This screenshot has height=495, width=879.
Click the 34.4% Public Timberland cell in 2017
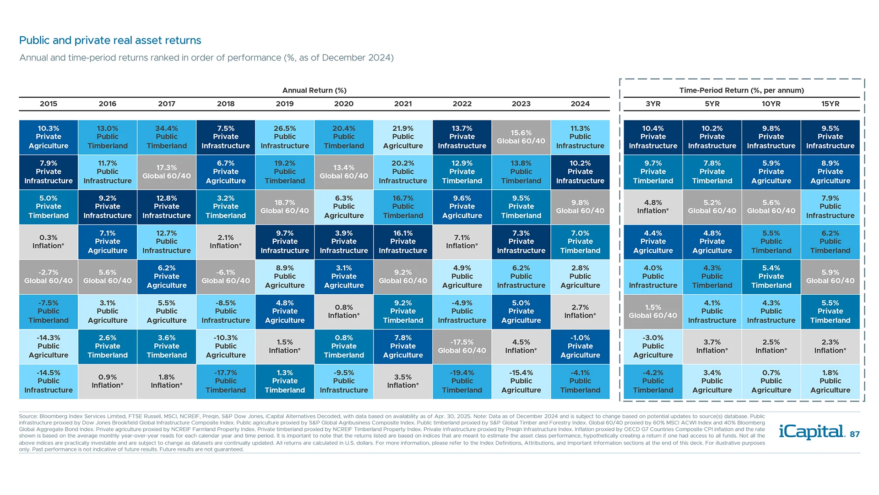click(x=167, y=137)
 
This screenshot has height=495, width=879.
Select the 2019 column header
click(x=285, y=104)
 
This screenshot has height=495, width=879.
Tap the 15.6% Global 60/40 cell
click(x=521, y=137)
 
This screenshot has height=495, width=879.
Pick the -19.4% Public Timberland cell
click(x=462, y=381)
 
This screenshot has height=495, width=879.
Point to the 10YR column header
click(x=771, y=104)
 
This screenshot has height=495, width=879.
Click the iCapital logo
click(x=811, y=432)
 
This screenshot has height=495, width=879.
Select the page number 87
click(x=854, y=434)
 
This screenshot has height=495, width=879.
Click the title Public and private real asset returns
click(x=110, y=40)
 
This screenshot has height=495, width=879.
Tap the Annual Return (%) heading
click(x=314, y=90)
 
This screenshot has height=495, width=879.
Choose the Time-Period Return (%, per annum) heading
click(x=741, y=90)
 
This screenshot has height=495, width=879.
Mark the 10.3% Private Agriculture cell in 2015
click(x=49, y=137)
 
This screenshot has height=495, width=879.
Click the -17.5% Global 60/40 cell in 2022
click(x=462, y=346)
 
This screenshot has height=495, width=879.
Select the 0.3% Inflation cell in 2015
click(x=49, y=242)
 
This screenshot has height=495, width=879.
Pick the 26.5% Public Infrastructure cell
click(x=285, y=137)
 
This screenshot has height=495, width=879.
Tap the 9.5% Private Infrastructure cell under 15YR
click(x=830, y=137)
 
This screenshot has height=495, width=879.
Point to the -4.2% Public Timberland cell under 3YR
click(x=653, y=381)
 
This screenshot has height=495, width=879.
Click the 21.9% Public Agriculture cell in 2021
click(x=403, y=137)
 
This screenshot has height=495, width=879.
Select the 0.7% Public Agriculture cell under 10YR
click(x=771, y=381)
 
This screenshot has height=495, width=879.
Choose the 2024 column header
click(x=580, y=104)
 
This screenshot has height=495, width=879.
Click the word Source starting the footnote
click(x=27, y=416)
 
